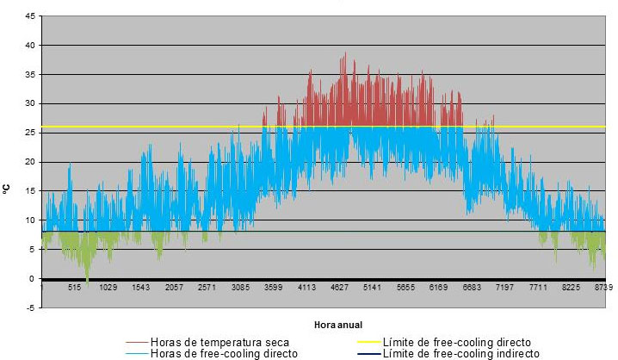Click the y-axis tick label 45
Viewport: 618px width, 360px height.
coord(31,16)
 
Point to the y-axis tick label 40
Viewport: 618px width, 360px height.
coord(31,46)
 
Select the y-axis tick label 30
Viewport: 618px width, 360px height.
coord(31,104)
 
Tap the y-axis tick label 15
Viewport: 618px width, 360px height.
coord(31,191)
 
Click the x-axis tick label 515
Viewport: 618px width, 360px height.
coord(75,288)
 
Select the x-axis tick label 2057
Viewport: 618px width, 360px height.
coord(175,288)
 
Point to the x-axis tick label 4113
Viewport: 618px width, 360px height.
coord(307,288)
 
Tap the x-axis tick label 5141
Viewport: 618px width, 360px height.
coord(374,288)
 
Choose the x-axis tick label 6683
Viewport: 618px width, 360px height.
coord(473,288)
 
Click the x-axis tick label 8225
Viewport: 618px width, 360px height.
coord(572,288)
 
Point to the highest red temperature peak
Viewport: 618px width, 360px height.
coord(345,54)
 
